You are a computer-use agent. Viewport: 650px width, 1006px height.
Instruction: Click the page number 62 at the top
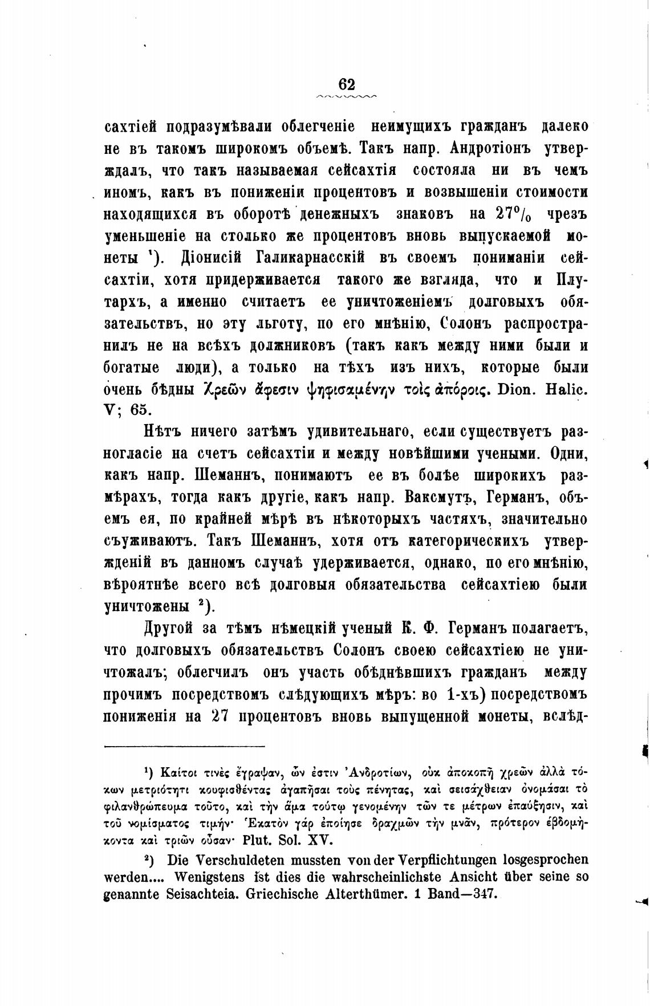click(347, 84)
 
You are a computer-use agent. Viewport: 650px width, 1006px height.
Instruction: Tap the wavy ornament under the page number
click(347, 97)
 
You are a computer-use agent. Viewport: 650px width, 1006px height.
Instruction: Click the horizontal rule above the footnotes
click(184, 747)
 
